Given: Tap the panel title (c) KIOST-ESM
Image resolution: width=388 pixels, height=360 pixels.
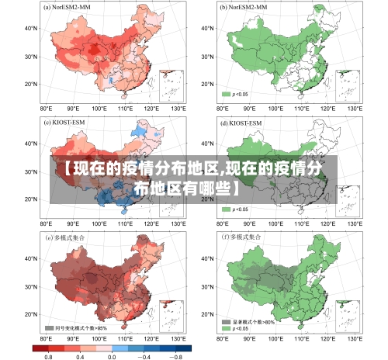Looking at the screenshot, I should pyautogui.click(x=68, y=122).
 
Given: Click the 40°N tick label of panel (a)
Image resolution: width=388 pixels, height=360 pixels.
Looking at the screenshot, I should pyautogui.click(x=31, y=28).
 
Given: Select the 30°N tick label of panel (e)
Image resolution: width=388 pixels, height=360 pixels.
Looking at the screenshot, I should pyautogui.click(x=31, y=286).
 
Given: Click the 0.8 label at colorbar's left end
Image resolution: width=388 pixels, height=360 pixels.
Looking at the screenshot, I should pyautogui.click(x=48, y=356).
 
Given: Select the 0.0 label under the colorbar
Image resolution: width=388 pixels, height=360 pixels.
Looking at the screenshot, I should pyautogui.click(x=113, y=356).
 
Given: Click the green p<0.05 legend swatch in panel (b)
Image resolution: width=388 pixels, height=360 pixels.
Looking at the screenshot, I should pyautogui.click(x=227, y=94).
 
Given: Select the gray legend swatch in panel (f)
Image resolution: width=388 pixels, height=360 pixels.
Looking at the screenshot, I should pyautogui.click(x=227, y=320).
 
